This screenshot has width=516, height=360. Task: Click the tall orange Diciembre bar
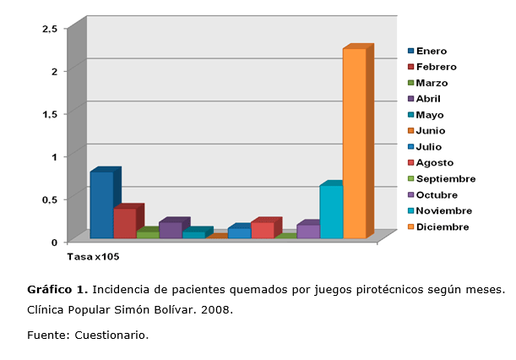(354, 144)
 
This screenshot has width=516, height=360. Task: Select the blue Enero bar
(101, 205)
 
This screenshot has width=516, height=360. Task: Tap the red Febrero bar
(124, 223)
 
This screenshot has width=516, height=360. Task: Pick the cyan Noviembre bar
(331, 212)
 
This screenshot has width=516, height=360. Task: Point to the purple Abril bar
(170, 230)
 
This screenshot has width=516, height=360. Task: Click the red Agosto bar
(262, 230)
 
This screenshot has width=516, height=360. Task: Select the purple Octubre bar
(308, 231)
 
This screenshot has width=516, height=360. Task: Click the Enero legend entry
(431, 51)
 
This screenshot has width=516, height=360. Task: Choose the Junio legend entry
(431, 131)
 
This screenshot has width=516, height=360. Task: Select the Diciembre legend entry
(442, 226)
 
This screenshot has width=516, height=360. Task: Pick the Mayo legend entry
(430, 115)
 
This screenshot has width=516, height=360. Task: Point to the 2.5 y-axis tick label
(50, 29)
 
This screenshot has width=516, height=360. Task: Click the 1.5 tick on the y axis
(50, 114)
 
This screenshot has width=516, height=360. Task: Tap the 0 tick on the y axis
(54, 242)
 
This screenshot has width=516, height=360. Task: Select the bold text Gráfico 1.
(57, 290)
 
